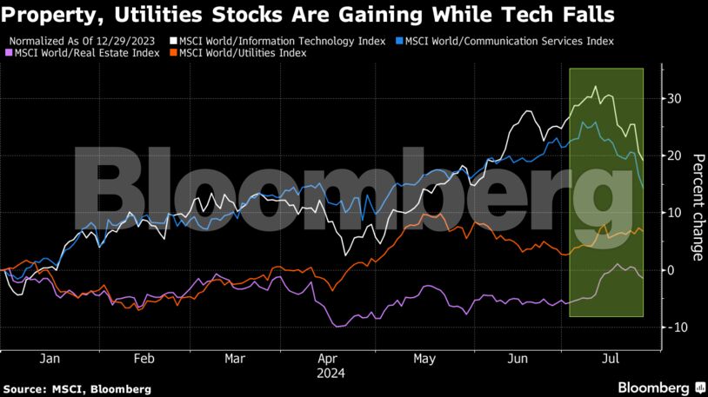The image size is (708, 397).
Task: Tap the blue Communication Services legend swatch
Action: [398, 41]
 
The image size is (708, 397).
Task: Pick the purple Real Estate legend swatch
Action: [10, 53]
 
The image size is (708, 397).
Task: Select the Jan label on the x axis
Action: [50, 358]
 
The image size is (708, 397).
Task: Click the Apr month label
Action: [327, 358]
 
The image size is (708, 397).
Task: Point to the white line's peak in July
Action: [595, 87]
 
